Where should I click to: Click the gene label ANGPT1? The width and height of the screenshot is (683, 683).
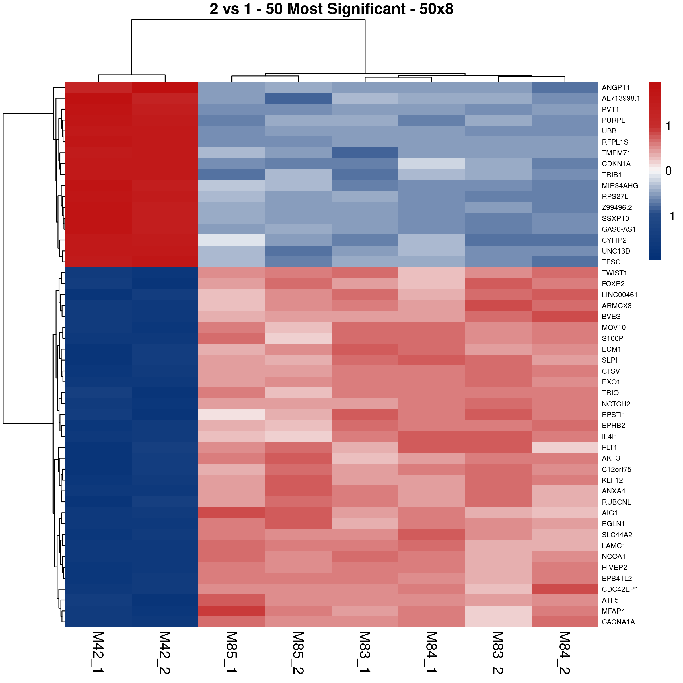pos(616,87)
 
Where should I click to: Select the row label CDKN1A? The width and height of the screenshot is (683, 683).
pos(616,164)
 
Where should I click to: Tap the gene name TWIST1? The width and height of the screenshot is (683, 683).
pos(614,273)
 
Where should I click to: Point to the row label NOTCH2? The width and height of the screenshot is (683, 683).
pos(616,404)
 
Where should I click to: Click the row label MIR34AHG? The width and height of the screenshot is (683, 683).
pos(620,186)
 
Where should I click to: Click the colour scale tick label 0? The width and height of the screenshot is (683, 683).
pos(668,171)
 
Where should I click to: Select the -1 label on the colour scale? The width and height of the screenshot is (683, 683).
pos(670,216)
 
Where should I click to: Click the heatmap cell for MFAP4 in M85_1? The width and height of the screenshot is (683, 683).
pos(232,611)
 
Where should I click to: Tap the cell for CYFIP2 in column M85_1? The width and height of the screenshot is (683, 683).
pos(232,240)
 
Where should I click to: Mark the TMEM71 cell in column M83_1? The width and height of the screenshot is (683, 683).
pos(365,153)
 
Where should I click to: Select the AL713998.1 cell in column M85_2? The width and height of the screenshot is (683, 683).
pos(298,98)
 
